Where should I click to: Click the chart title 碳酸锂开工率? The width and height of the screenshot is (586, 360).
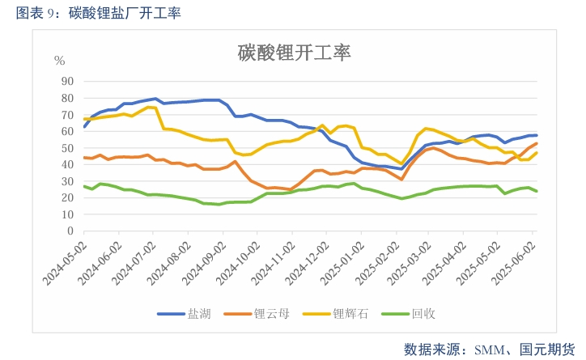(294, 53)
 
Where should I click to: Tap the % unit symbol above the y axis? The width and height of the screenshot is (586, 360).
(59, 61)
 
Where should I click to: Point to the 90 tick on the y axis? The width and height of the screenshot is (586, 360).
(67, 82)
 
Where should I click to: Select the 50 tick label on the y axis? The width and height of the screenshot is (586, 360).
(67, 148)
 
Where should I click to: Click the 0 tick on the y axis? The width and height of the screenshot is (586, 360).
(70, 231)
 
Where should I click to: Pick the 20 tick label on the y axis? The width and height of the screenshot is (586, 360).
(67, 197)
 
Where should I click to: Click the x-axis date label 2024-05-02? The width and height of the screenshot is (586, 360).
(64, 260)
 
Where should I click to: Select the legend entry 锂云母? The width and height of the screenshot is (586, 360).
(269, 314)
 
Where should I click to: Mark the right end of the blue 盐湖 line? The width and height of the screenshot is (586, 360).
(537, 135)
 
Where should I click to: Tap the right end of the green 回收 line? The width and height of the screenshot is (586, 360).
(537, 192)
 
